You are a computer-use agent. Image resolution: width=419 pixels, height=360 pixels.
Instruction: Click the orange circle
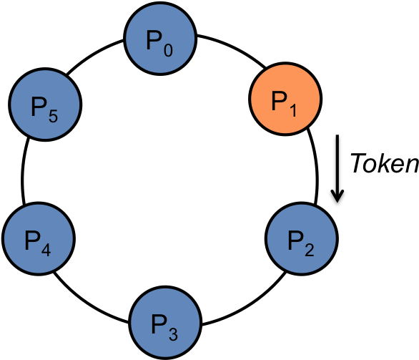[285, 99]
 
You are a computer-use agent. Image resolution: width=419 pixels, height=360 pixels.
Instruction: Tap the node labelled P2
[301, 238]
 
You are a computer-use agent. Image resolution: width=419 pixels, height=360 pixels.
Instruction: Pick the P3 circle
[164, 322]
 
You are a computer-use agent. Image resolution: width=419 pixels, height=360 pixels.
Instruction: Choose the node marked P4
[38, 238]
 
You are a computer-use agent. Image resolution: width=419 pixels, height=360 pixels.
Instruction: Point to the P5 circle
[44, 104]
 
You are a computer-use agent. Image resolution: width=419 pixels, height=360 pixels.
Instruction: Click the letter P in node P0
[153, 40]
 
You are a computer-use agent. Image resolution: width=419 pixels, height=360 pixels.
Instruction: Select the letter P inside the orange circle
[278, 101]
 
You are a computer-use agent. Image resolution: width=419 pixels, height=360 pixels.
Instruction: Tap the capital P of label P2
[295, 240]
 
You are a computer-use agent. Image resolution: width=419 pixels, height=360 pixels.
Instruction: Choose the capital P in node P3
[158, 324]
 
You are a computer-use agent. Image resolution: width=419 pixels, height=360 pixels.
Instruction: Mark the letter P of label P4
[31, 240]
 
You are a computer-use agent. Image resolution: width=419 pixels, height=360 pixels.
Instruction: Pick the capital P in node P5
[38, 107]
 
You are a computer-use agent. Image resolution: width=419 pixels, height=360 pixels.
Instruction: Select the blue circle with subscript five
[44, 104]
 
